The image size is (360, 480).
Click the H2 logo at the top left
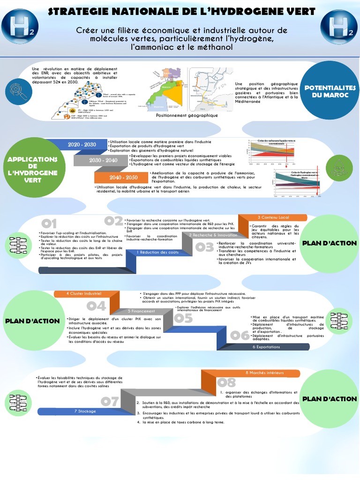coord(19,27)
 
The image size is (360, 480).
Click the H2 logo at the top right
coord(339,27)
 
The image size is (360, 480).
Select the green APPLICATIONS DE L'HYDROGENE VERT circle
coord(32,167)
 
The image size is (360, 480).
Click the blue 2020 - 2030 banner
coord(82,145)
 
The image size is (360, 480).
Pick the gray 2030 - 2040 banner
coord(103,160)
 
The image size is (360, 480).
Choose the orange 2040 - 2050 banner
coord(123,177)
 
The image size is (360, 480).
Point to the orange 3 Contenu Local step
coord(273,217)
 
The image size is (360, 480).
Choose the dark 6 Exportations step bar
coord(266,347)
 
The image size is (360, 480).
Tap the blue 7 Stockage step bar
coord(85,411)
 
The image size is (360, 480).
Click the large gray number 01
coord(48,224)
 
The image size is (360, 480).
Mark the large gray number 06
coord(240,335)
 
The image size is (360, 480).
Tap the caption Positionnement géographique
coord(187,115)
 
